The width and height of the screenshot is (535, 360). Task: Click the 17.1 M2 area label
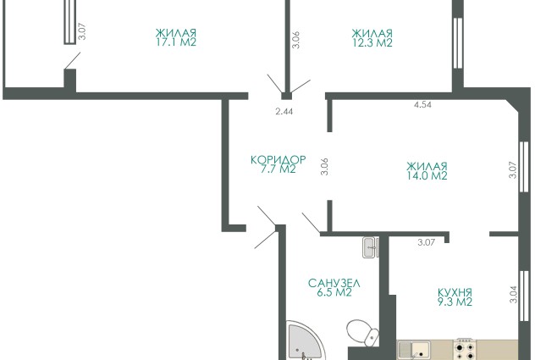pos(176,42)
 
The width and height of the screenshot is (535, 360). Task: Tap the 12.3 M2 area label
pos(372,42)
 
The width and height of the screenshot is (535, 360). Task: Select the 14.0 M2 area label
pos(427,175)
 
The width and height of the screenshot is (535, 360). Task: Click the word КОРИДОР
pos(279,160)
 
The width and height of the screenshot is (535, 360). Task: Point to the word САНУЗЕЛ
pos(334,283)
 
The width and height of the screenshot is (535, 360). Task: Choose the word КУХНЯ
pos(455,293)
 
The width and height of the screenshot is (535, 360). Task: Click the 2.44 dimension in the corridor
pos(284,111)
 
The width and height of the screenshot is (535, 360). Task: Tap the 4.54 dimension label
pos(422,104)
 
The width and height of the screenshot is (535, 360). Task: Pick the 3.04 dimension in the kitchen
pos(514,295)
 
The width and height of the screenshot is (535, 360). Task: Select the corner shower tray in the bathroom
pos(303,341)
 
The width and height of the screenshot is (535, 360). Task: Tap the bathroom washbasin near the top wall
pos(370,247)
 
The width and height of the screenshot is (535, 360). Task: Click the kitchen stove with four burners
pos(465,349)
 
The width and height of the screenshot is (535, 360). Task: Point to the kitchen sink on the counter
pos(414,350)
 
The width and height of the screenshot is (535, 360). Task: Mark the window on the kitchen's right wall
pos(523,296)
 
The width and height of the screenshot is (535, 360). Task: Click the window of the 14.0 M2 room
pos(523,166)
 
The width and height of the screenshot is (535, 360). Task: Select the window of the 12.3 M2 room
pos(458,42)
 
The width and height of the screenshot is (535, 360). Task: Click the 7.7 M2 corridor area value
pos(278,169)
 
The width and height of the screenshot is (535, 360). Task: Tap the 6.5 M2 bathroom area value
pos(334,293)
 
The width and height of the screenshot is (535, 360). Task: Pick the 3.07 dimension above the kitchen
pos(427,242)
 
